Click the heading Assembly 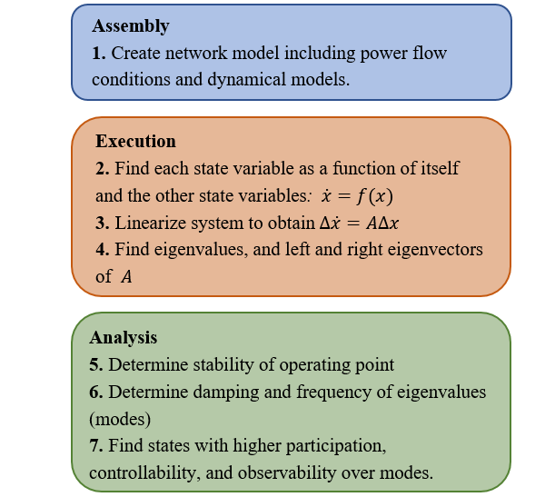(x=130, y=26)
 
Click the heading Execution (x=135, y=142)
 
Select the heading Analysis (x=123, y=337)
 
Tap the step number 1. (x=98, y=54)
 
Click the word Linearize (x=146, y=223)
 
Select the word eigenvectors (x=439, y=249)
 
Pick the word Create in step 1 (x=135, y=54)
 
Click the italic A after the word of (x=126, y=276)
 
